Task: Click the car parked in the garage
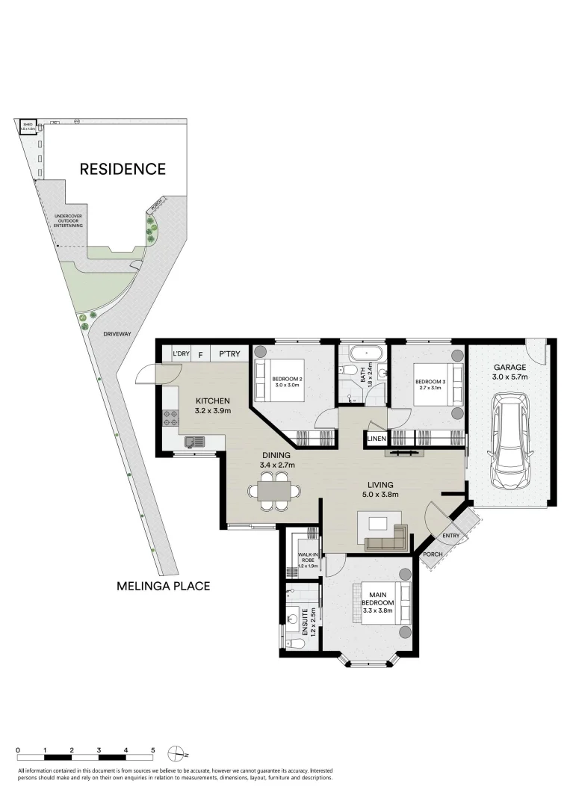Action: [x=507, y=441]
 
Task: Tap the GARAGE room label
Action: [x=509, y=367]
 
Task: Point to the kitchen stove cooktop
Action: [x=168, y=418]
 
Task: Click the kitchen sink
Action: [x=194, y=442]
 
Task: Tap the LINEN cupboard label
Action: [x=376, y=439]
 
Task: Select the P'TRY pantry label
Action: [x=229, y=353]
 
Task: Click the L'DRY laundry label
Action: [x=181, y=353]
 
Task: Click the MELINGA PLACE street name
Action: [x=163, y=587]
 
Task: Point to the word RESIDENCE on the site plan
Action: [x=123, y=169]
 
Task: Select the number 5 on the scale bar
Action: [x=153, y=749]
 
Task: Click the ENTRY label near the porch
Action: [x=450, y=535]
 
